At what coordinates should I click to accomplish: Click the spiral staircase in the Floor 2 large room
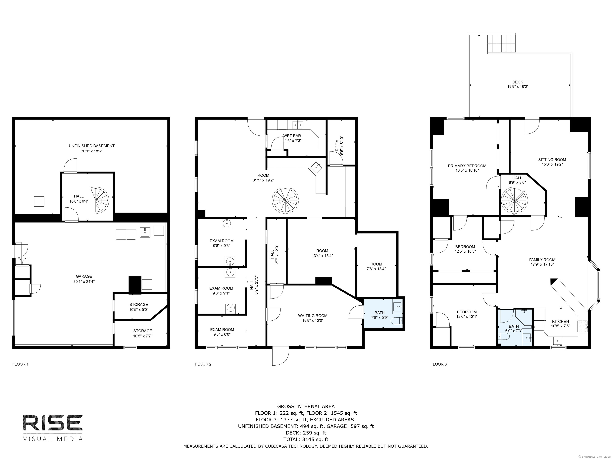pyautogui.click(x=285, y=200)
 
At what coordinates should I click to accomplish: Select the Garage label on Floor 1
pyautogui.click(x=84, y=276)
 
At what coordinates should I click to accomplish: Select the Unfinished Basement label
pyautogui.click(x=92, y=146)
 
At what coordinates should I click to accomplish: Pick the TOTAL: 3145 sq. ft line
pyautogui.click(x=306, y=439)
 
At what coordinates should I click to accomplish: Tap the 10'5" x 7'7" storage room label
pyautogui.click(x=142, y=333)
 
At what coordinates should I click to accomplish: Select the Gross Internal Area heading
pyautogui.click(x=306, y=406)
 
